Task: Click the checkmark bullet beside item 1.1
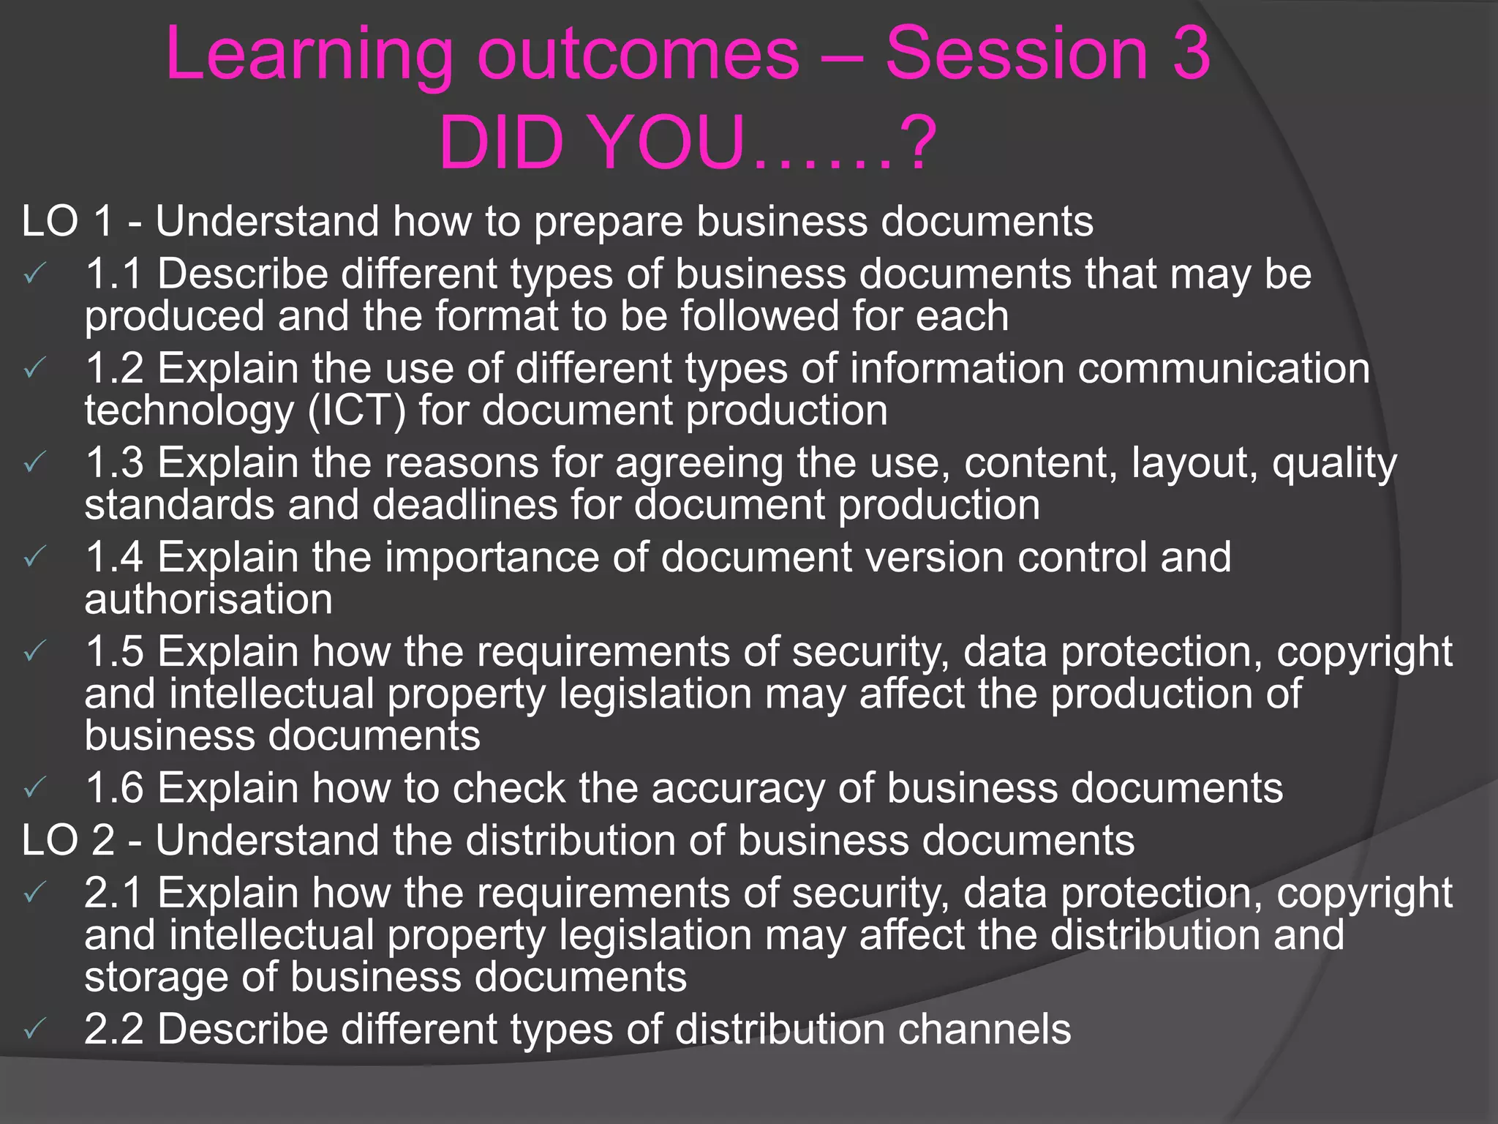pyautogui.click(x=34, y=274)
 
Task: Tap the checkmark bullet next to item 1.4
pyautogui.click(x=34, y=558)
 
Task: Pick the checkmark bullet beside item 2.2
pyautogui.click(x=34, y=1030)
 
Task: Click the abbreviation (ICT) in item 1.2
pyautogui.click(x=356, y=411)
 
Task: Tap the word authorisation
pyautogui.click(x=208, y=599)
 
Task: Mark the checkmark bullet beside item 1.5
pyautogui.click(x=34, y=652)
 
